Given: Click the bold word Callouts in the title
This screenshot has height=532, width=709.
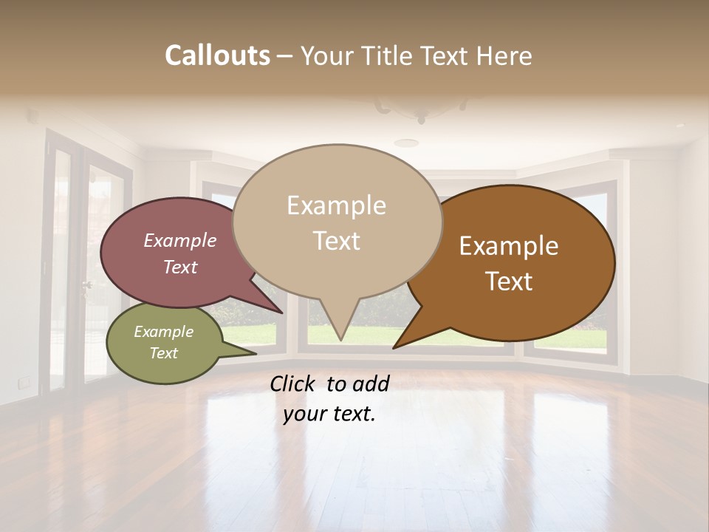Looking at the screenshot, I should click(217, 55).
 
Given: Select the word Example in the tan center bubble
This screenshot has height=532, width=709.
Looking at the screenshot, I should click(336, 205).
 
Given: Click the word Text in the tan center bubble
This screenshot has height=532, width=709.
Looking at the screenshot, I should click(336, 241).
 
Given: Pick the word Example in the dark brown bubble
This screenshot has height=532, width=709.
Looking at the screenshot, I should click(509, 246).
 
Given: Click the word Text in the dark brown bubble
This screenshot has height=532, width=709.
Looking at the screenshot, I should click(509, 282).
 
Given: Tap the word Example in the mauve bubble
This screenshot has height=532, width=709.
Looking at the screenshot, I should click(179, 240).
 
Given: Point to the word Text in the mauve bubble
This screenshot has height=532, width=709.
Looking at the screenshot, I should click(179, 267).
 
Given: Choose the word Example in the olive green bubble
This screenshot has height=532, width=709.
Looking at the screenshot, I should click(163, 332).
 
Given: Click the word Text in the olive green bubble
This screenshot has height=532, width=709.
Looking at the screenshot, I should click(163, 353).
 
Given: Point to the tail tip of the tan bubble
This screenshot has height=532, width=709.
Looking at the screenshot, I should click(340, 340).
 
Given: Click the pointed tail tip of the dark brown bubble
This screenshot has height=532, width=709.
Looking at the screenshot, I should click(394, 347).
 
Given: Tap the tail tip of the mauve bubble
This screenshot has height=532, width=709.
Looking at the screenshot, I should click(282, 313).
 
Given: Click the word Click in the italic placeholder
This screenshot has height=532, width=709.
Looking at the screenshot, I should click(293, 383).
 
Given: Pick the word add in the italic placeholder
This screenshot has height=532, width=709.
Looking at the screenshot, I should click(370, 383).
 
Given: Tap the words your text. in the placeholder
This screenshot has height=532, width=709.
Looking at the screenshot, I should click(329, 415).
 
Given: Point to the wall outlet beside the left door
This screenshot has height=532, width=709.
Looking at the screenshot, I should click(24, 382).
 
